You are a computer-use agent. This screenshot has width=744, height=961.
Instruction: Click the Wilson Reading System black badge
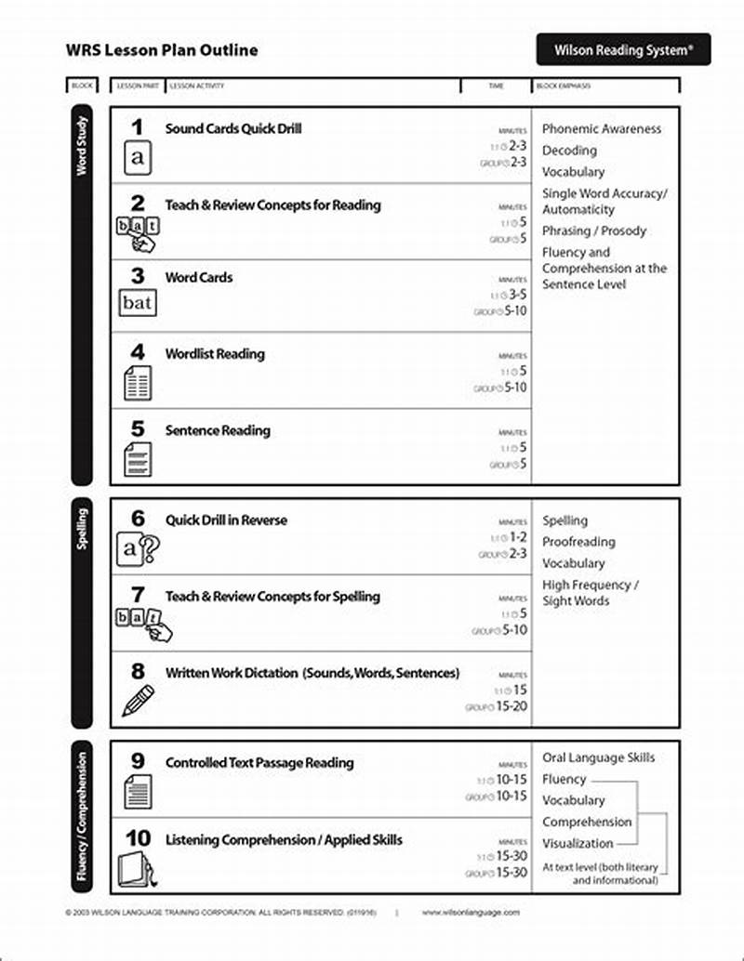[x=623, y=49]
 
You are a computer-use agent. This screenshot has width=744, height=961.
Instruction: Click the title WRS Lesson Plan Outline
[x=162, y=50]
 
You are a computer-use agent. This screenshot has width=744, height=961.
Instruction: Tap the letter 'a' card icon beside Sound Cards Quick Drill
[x=138, y=158]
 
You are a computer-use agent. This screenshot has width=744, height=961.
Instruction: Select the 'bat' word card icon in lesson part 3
[x=138, y=303]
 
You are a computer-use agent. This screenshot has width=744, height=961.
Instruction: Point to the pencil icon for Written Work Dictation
[x=138, y=700]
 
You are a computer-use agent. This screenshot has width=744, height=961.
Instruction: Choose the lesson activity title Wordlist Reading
[x=215, y=354]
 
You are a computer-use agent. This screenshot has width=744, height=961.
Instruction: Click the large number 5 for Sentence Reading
[x=138, y=428]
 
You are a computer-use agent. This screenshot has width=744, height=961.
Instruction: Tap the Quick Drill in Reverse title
[x=226, y=520]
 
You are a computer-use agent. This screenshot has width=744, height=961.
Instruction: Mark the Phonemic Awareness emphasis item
[x=602, y=129]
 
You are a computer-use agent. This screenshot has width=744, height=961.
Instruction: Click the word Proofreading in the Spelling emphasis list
[x=578, y=542]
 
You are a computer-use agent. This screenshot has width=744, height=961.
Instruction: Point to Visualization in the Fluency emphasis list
[x=578, y=844]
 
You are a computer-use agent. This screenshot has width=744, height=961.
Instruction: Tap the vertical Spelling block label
[x=82, y=528]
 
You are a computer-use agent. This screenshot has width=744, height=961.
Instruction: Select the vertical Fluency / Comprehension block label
[x=82, y=816]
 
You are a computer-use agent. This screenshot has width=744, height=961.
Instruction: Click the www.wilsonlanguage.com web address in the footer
[x=471, y=913]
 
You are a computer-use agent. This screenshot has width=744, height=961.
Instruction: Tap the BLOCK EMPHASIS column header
[x=564, y=86]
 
